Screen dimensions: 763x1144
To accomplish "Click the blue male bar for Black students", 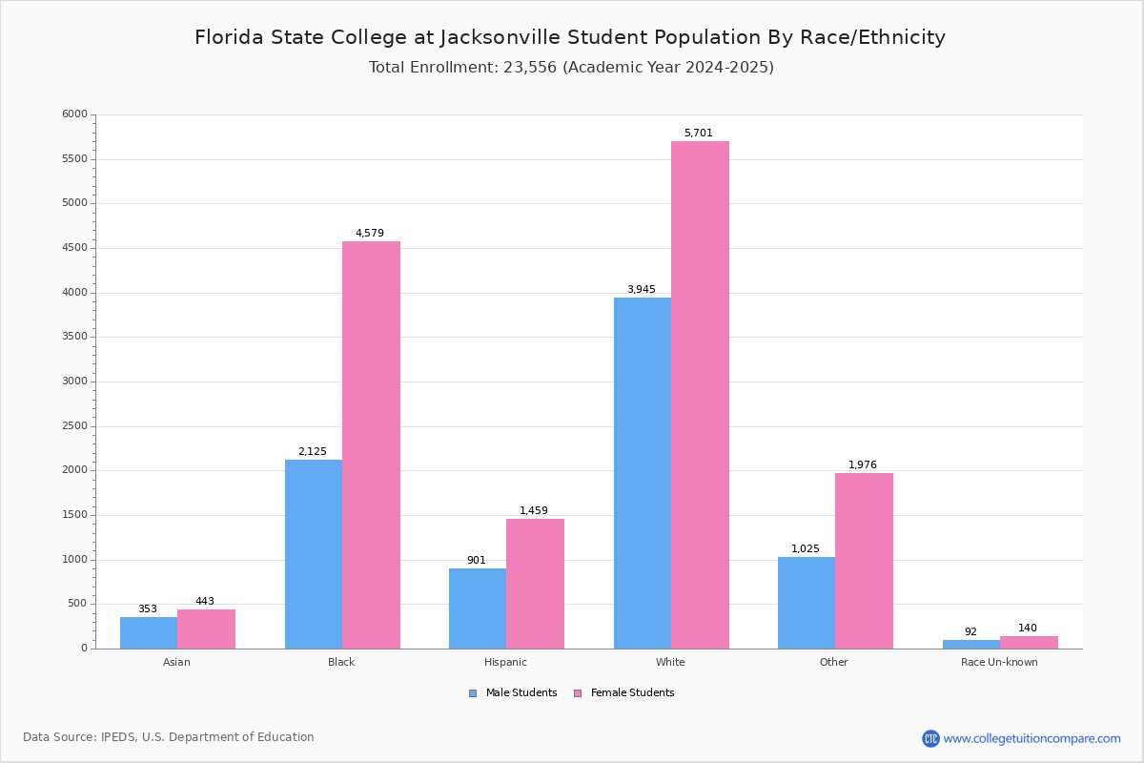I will pyautogui.click(x=314, y=554).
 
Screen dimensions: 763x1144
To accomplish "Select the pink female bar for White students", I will pyautogui.click(x=700, y=395).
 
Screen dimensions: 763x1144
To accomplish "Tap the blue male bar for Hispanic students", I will pyautogui.click(x=478, y=608).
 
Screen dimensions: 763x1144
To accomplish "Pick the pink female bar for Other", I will pyautogui.click(x=864, y=561).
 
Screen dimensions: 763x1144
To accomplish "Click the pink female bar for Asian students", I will pyautogui.click(x=206, y=629).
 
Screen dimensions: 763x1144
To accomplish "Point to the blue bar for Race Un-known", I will pyautogui.click(x=971, y=644).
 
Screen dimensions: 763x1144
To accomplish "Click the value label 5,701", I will pyautogui.click(x=698, y=134).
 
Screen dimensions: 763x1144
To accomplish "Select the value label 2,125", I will pyautogui.click(x=312, y=452).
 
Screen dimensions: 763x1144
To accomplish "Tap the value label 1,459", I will pyautogui.click(x=534, y=511).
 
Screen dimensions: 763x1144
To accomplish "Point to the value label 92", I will pyautogui.click(x=970, y=632).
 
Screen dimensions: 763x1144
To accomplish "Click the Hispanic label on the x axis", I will pyautogui.click(x=505, y=662).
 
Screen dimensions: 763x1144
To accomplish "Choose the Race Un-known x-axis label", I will pyautogui.click(x=999, y=662).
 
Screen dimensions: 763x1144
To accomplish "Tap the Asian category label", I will pyautogui.click(x=176, y=662).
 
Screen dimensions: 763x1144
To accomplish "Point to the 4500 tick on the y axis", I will pyautogui.click(x=75, y=248).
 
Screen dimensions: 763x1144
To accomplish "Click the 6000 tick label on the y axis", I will pyautogui.click(x=75, y=114).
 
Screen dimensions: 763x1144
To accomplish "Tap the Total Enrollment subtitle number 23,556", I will pyautogui.click(x=527, y=68).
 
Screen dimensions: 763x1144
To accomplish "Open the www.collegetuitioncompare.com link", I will pyautogui.click(x=1032, y=738).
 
